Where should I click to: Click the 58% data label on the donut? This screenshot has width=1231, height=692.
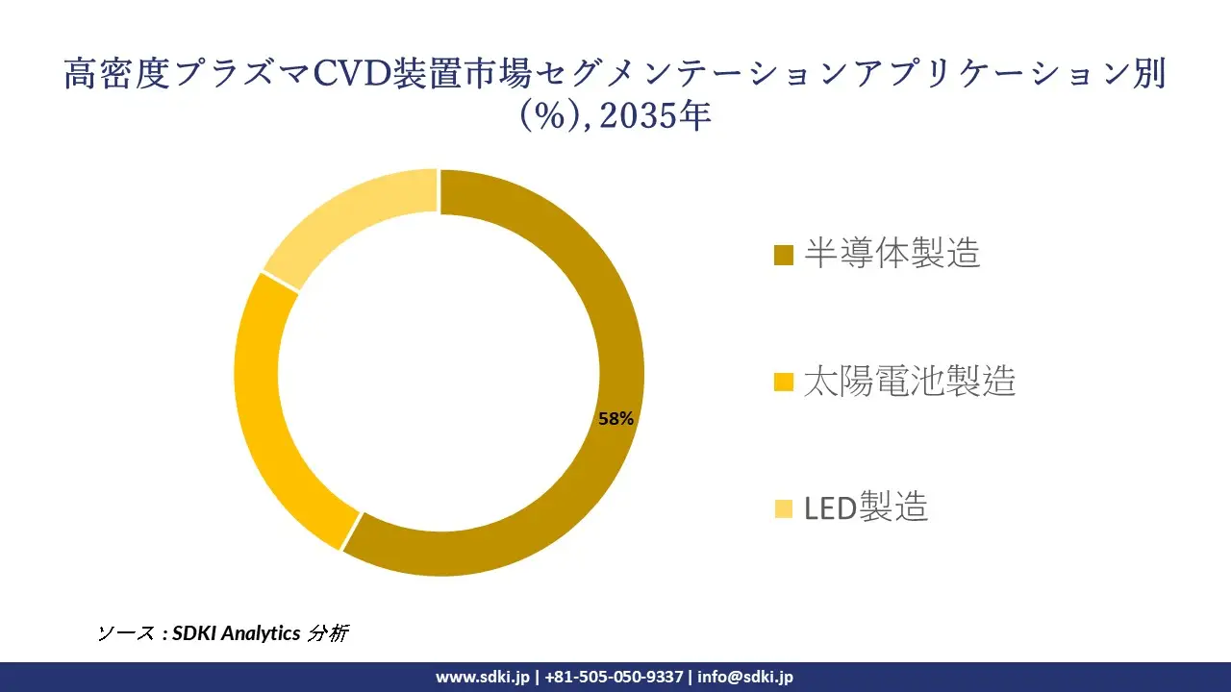click(x=615, y=419)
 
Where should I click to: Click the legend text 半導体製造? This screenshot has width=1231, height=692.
click(x=892, y=254)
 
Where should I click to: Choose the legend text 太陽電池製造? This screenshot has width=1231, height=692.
click(x=909, y=382)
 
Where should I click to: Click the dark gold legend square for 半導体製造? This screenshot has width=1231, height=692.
click(x=784, y=256)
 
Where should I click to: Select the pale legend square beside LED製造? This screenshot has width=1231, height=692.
click(x=784, y=508)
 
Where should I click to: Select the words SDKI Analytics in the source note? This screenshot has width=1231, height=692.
click(x=236, y=633)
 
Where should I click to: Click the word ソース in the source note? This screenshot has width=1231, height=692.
click(x=125, y=633)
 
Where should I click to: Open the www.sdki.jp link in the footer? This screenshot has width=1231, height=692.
click(x=483, y=677)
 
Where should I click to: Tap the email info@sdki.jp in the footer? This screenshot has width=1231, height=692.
click(x=745, y=677)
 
